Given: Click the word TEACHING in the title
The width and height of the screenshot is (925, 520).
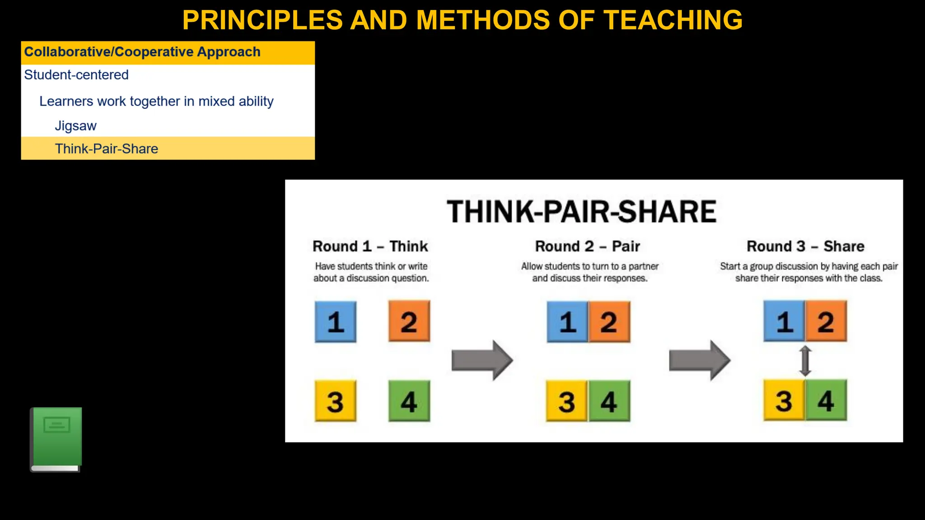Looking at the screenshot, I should click(x=673, y=20).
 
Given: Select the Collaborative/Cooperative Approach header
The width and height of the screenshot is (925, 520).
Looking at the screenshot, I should click(x=142, y=52).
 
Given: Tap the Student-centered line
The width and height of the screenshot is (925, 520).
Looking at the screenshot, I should click(x=76, y=75).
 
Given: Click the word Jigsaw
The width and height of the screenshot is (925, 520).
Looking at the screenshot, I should click(x=75, y=126).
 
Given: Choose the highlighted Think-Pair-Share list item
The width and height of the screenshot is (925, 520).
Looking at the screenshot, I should click(x=107, y=149).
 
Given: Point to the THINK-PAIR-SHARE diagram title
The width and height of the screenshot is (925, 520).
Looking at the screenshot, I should click(x=582, y=212).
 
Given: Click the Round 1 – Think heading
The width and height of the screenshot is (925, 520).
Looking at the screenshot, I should click(x=370, y=246).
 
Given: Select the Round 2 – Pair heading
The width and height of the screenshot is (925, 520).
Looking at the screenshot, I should click(x=587, y=246).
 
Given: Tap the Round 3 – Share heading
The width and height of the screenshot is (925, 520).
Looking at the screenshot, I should click(x=805, y=246).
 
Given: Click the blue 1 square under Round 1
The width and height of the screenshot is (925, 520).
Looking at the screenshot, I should click(x=336, y=322).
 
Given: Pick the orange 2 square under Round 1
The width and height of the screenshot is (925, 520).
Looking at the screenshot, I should click(x=409, y=321).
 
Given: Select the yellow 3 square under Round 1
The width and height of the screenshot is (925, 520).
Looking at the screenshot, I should click(x=336, y=401).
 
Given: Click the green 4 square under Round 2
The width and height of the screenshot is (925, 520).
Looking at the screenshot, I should click(x=609, y=401).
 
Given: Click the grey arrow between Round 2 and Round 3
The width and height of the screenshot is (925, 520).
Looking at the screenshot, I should click(x=699, y=360).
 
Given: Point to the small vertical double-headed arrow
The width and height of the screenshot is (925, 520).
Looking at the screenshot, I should click(x=805, y=361).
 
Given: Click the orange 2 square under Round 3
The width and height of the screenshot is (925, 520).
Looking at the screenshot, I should click(x=826, y=321).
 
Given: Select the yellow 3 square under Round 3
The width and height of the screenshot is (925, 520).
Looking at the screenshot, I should click(x=784, y=400).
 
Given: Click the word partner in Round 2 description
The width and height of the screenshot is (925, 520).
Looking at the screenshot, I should click(x=643, y=266).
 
